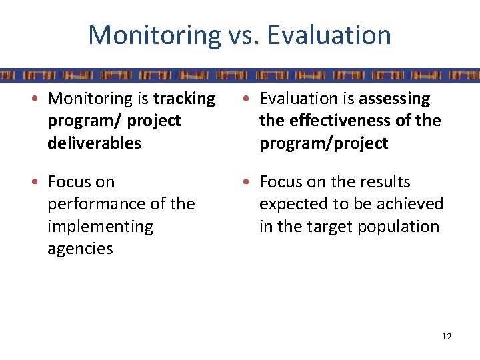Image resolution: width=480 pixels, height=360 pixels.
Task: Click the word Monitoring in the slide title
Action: [x=153, y=35]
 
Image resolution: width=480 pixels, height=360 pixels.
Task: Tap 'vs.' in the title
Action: [x=243, y=35]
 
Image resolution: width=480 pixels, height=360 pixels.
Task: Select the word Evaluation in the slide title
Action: [x=330, y=35]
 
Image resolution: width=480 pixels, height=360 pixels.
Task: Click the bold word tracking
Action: [x=185, y=99]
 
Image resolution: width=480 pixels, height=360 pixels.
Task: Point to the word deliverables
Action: [x=94, y=143]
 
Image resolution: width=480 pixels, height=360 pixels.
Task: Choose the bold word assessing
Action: [x=395, y=99]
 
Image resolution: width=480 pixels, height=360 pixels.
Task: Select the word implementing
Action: [x=100, y=227]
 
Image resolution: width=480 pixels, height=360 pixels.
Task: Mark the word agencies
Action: [x=80, y=249]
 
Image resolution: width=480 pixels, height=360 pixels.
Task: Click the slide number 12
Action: [x=447, y=337]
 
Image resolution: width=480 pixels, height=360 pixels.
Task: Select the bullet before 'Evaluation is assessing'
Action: [x=251, y=99]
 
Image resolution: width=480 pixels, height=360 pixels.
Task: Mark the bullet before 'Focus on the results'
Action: [x=251, y=182]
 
